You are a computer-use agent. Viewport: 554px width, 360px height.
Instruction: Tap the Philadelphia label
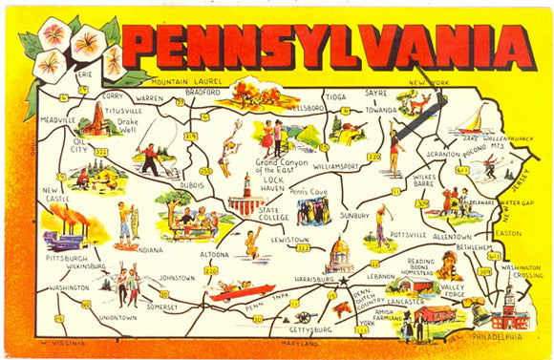[x=497, y=336]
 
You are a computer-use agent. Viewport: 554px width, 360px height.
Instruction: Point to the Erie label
[x=86, y=74]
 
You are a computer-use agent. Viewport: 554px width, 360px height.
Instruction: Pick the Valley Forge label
[x=453, y=291]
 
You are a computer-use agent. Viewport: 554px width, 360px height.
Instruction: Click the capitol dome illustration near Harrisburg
[x=338, y=256]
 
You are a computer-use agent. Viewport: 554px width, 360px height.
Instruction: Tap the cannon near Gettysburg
[x=304, y=316]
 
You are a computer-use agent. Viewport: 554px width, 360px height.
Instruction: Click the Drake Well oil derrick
[x=95, y=118]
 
